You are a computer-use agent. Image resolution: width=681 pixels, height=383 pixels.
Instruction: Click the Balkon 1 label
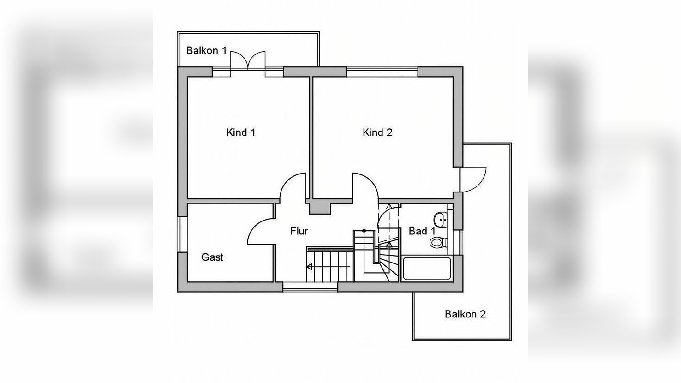point(206,50)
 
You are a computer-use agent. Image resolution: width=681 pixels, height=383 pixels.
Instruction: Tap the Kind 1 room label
point(241,132)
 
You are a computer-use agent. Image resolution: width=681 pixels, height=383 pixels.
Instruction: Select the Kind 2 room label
point(377,132)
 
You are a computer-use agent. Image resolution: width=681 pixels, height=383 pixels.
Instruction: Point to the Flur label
point(299,231)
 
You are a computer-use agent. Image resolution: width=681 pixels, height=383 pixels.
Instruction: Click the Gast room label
point(212,257)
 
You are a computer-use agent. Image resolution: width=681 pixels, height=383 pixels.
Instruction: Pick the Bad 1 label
point(422,231)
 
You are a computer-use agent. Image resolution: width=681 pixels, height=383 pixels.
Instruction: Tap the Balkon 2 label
point(465,314)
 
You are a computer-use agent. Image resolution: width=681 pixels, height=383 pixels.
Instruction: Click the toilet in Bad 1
point(438,243)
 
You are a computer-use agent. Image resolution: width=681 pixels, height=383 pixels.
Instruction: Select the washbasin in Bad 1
point(440,220)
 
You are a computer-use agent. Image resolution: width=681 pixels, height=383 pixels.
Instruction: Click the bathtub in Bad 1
point(427,269)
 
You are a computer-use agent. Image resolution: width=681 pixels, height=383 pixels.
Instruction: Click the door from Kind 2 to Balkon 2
point(473,180)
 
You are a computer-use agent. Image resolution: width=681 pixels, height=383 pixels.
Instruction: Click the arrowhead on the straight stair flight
point(310,267)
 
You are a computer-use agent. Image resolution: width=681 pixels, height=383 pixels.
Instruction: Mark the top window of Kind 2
point(382,72)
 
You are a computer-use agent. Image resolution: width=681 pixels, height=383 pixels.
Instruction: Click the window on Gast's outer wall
point(182,234)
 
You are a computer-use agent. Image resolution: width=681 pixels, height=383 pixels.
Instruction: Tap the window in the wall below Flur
point(310,287)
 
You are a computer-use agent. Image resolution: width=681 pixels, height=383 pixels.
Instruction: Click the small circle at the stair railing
point(364,231)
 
